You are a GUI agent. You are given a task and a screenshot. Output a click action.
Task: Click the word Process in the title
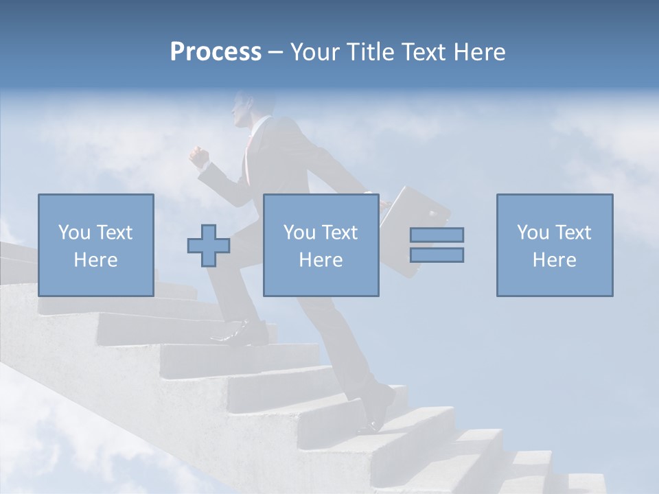216,52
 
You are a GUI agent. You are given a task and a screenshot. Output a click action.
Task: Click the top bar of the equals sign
437,235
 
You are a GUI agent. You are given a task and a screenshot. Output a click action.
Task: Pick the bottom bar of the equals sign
437,255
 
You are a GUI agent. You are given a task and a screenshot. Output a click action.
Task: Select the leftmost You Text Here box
95,245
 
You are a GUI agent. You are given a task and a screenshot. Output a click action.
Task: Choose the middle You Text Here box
321,245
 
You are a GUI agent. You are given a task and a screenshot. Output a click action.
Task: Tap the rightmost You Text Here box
554,245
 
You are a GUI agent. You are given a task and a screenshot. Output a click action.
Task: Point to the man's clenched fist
198,157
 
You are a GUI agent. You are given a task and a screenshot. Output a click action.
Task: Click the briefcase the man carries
416,226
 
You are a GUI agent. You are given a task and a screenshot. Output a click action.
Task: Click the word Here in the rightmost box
554,260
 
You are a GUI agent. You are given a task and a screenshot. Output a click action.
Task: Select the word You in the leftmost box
73,233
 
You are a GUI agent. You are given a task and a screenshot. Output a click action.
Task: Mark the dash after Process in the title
276,52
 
